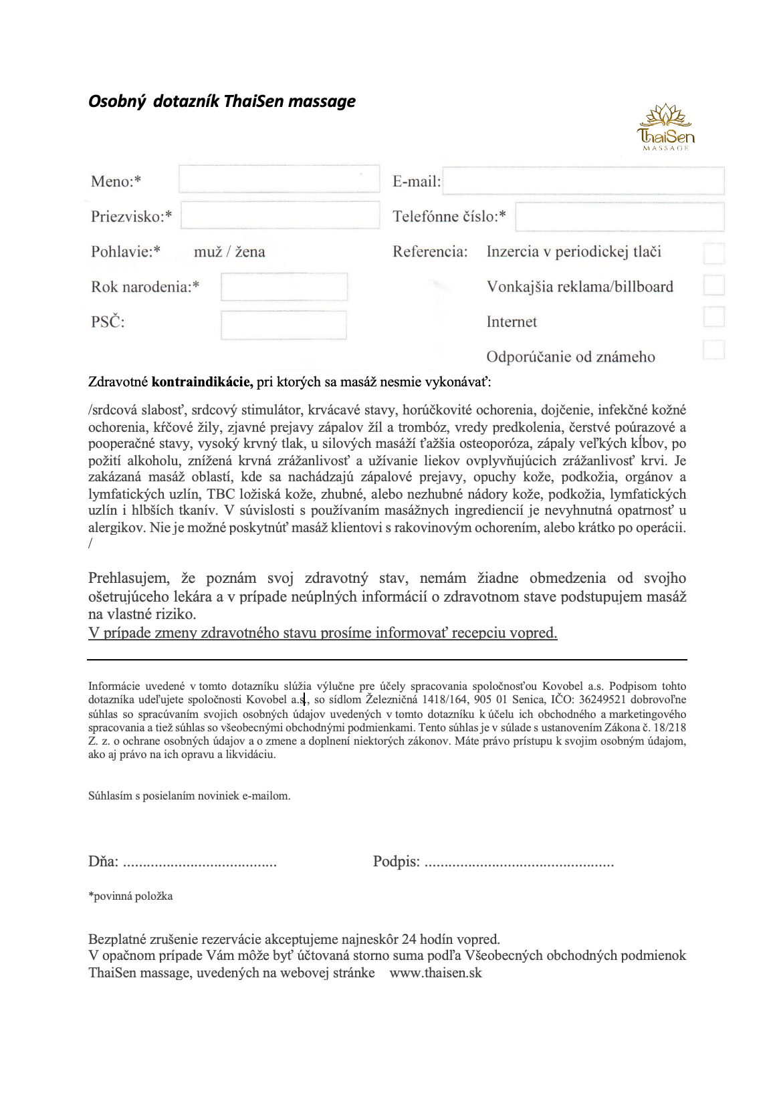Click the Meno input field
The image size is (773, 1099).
(x=279, y=179)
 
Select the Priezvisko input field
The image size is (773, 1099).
(x=280, y=215)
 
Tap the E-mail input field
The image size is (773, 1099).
(x=583, y=180)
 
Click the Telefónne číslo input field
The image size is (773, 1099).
(x=619, y=217)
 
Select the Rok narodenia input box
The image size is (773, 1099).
(x=284, y=287)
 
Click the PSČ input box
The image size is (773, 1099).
(x=284, y=325)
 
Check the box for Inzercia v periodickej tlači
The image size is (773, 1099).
(x=714, y=253)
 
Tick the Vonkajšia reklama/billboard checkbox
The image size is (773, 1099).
(x=714, y=285)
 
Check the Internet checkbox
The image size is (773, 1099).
(x=714, y=317)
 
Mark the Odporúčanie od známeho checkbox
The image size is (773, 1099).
(x=714, y=350)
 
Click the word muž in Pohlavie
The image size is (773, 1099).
(x=207, y=252)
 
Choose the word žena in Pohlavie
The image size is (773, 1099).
(x=250, y=252)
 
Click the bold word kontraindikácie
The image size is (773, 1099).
(x=202, y=382)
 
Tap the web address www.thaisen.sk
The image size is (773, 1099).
(x=435, y=973)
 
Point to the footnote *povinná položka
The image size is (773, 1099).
(x=130, y=896)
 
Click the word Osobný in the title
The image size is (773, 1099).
(x=117, y=102)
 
